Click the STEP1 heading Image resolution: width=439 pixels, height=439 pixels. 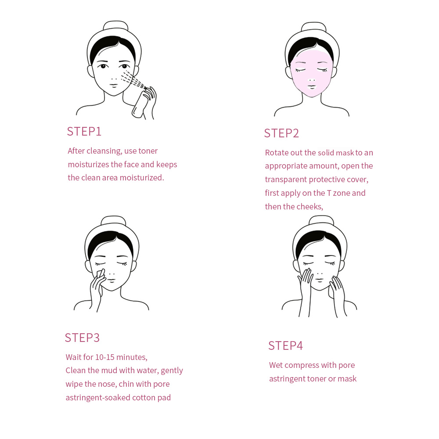pyautogui.click(x=84, y=132)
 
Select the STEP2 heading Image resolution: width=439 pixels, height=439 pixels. pyautogui.click(x=281, y=133)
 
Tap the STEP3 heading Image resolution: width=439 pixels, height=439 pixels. pyautogui.click(x=82, y=338)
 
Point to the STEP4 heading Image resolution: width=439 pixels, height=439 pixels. pyautogui.click(x=286, y=346)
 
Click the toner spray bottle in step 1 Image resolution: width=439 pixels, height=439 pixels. pyautogui.click(x=141, y=103)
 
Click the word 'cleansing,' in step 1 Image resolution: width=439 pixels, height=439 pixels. pyautogui.click(x=104, y=151)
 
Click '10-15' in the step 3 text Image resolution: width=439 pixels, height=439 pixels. pyautogui.click(x=105, y=357)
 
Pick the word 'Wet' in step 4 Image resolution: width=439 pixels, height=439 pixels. pyautogui.click(x=276, y=365)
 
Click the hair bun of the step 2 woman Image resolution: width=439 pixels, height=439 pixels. pyautogui.click(x=313, y=27)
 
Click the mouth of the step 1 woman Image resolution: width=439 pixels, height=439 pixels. pyautogui.click(x=114, y=85)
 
